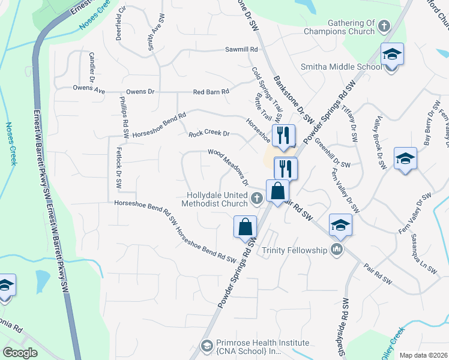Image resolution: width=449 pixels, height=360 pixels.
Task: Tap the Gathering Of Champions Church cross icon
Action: [384, 26]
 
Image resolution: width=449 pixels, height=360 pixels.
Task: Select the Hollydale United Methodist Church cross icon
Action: [257, 199]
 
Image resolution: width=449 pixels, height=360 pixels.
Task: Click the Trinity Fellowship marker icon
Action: [336, 250]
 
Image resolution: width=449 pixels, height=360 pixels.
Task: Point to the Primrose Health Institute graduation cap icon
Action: [206, 347]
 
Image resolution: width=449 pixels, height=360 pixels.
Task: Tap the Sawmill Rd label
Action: [241, 49]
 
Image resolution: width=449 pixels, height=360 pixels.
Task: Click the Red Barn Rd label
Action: [211, 92]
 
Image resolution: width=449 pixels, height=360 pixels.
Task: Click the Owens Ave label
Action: [89, 89]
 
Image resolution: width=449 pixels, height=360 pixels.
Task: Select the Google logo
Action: [20, 353]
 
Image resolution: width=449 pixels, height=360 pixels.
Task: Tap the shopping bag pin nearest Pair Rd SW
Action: [277, 192]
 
